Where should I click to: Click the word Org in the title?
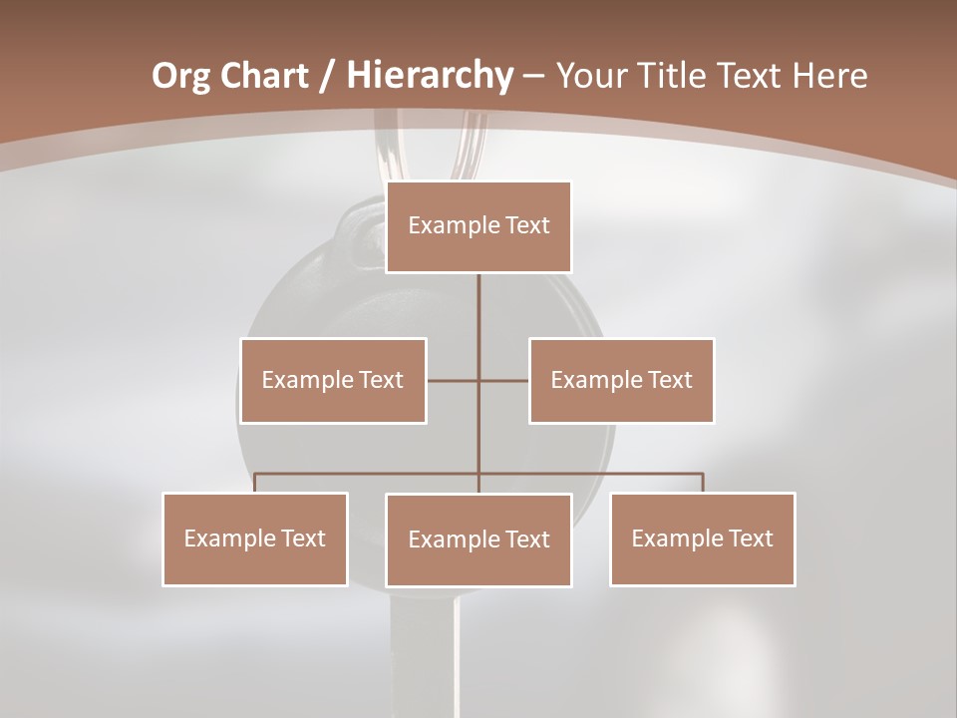[181, 76]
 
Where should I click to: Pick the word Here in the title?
[829, 76]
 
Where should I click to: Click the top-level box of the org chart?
[478, 226]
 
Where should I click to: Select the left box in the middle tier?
[333, 380]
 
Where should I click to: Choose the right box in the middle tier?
[622, 380]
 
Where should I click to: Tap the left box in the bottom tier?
[255, 538]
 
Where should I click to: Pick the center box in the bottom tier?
[478, 539]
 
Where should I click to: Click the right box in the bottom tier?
[703, 538]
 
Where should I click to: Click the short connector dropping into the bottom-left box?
[255, 483]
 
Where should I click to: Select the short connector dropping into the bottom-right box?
[703, 483]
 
